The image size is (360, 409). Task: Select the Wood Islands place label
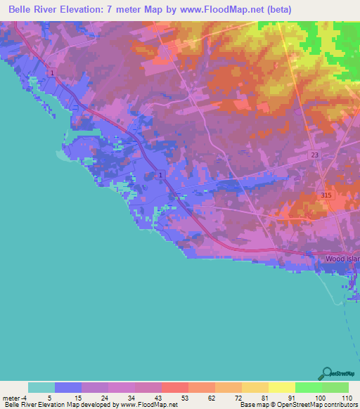pyautogui.click(x=342, y=259)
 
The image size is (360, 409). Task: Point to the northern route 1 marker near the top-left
pyautogui.click(x=52, y=73)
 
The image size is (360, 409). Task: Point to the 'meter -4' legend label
pyautogui.click(x=14, y=398)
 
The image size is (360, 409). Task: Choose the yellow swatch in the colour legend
pyautogui.click(x=281, y=387)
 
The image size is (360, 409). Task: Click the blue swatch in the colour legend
pyautogui.click(x=68, y=387)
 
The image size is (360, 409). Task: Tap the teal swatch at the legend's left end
pyautogui.click(x=41, y=387)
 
